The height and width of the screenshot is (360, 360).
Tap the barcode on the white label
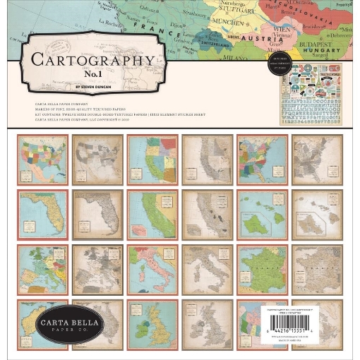tap(307, 332)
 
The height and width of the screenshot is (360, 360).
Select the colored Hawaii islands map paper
tap(262, 215)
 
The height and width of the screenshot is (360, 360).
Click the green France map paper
tap(262, 270)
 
